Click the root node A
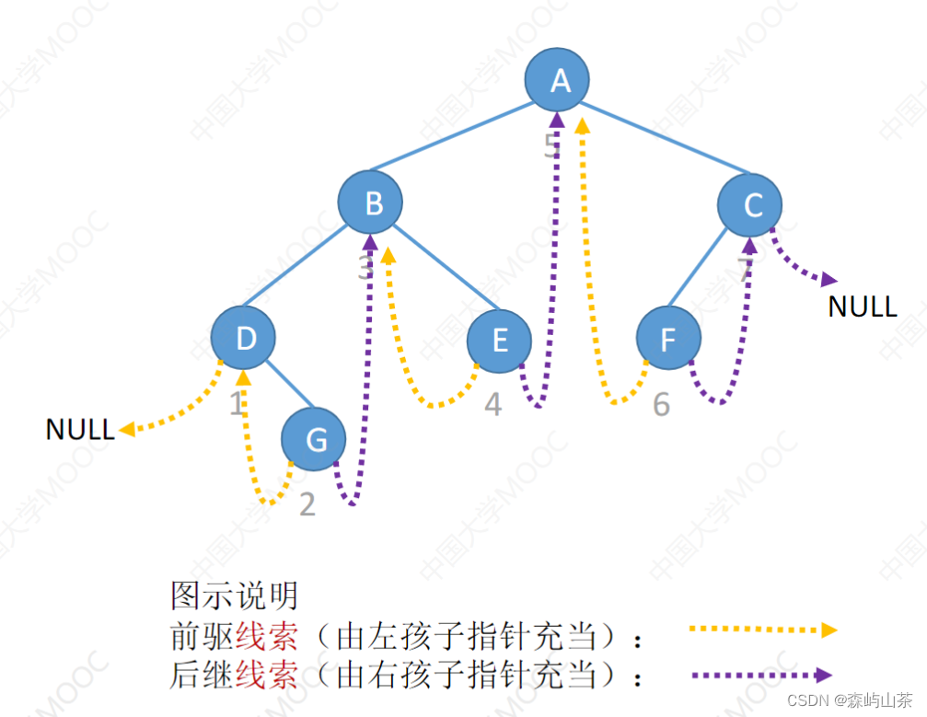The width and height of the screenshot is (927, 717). coord(558,80)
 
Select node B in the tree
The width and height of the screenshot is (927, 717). coord(371,202)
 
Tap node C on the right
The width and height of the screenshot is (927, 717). coord(750,204)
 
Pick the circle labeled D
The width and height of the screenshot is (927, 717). coord(244,338)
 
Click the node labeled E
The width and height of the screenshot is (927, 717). coord(499,341)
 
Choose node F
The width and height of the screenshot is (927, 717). coord(668,341)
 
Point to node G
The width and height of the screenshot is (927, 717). coord(314,440)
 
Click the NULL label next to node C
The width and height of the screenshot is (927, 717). coord(862,306)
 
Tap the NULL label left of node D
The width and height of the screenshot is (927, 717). coord(80,429)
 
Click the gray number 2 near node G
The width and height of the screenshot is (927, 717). coord(307,504)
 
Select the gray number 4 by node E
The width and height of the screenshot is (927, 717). coord(493,403)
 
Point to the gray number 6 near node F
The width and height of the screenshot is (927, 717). coord(661,403)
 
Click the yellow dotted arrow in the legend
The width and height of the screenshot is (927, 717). coord(762,630)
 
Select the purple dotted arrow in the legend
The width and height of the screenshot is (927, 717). coord(762,675)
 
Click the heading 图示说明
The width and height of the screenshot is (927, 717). coord(234,595)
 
